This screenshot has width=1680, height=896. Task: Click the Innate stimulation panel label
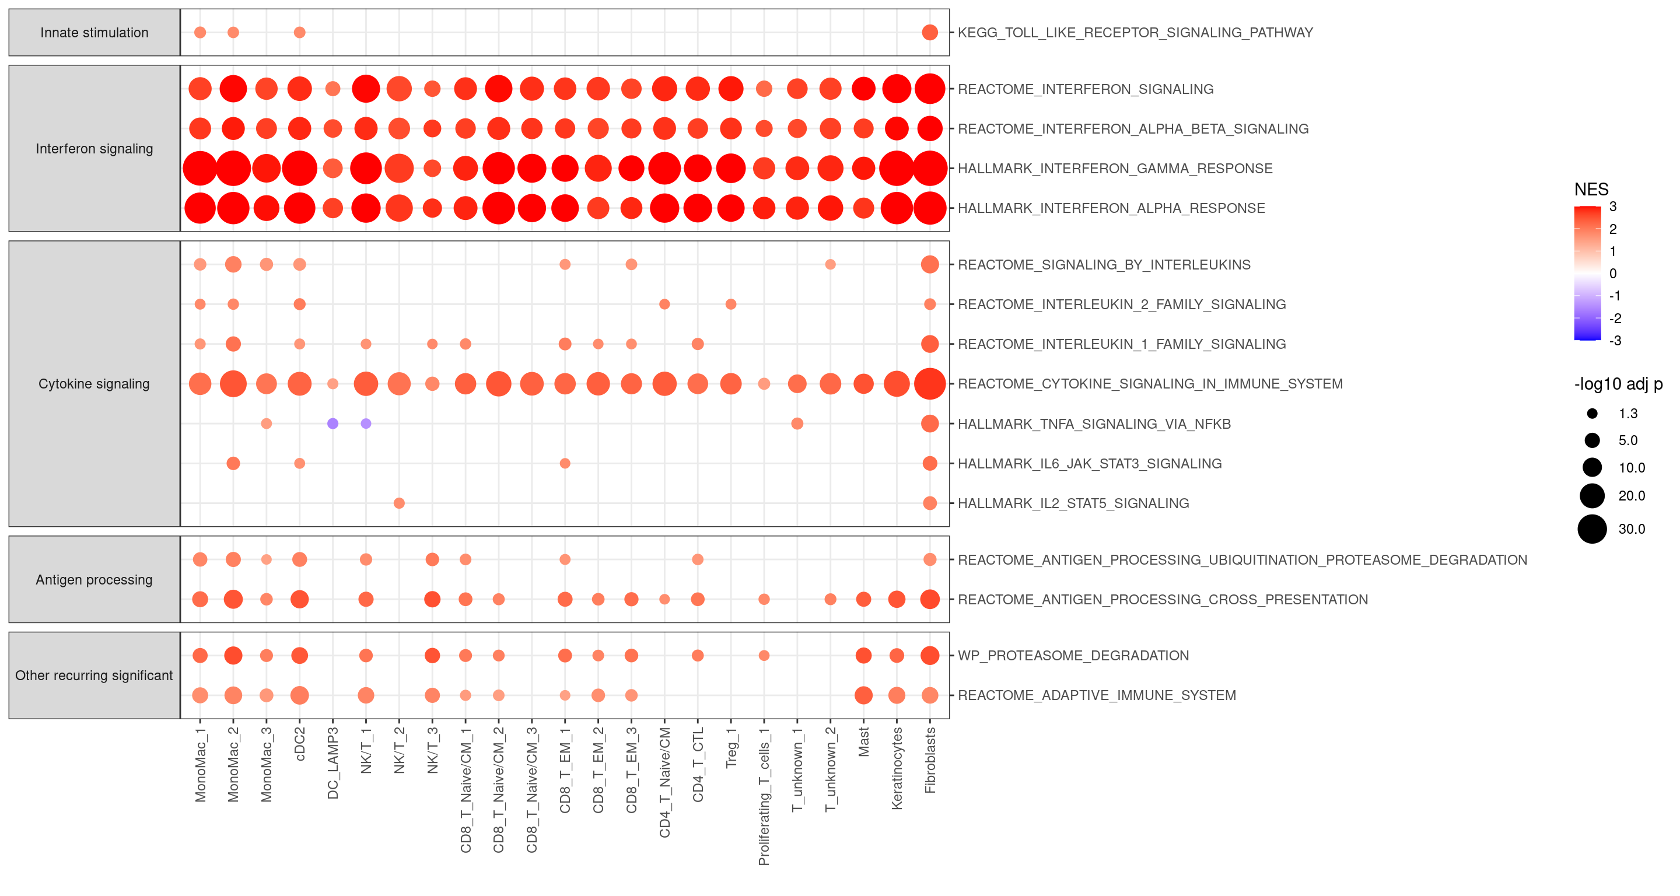coord(94,33)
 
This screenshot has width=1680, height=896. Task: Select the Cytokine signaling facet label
coord(94,383)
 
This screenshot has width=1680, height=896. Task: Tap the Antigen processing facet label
coord(94,580)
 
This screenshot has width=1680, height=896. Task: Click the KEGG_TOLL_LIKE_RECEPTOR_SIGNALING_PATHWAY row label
coord(1135,33)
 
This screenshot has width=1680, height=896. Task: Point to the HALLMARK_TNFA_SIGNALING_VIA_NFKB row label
coord(1094,424)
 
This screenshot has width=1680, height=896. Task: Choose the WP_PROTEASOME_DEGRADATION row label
coord(1073,655)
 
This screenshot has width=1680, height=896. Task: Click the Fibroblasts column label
coord(930,760)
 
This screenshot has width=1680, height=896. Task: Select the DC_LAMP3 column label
coord(332,763)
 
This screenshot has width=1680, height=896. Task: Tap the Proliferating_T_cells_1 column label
coord(764,796)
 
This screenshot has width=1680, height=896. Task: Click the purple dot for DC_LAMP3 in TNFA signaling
coord(332,424)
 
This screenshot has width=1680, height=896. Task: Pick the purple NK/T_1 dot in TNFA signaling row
coord(366,424)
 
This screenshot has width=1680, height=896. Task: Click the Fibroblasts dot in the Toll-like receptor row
coord(930,33)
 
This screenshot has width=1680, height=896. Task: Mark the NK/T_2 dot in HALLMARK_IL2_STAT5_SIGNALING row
coord(399,503)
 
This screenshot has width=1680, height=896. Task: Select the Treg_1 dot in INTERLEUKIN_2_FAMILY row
coord(731,304)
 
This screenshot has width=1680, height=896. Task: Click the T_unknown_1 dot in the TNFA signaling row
coord(797,424)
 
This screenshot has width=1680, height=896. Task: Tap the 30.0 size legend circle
coord(1592,529)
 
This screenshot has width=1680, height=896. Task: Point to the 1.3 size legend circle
coord(1592,414)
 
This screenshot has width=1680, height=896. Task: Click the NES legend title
coord(1591,190)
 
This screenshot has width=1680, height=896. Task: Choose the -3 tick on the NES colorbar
coord(1615,341)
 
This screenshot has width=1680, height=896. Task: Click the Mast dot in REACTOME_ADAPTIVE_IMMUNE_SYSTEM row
coord(863,695)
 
